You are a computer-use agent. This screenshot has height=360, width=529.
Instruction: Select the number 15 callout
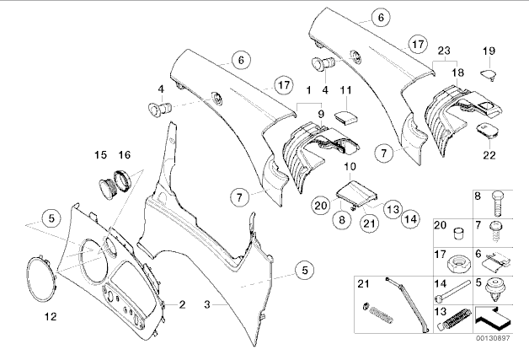(x=101, y=155)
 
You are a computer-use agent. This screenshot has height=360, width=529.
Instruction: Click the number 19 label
(x=488, y=51)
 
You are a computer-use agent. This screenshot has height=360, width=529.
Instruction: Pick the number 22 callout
(x=489, y=155)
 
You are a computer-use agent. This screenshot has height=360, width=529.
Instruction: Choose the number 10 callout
(x=350, y=167)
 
